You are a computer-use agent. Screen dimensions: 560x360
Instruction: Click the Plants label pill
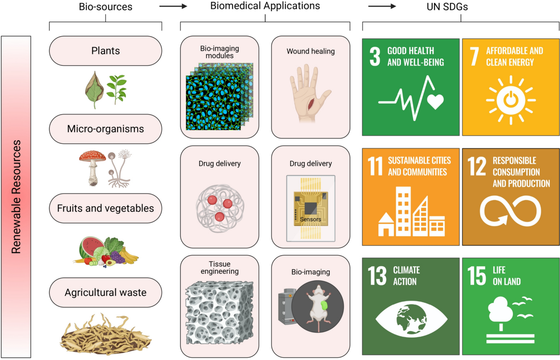[105, 51]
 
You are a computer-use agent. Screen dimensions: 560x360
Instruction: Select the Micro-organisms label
[105, 129]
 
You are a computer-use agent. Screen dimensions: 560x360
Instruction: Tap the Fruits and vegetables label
[105, 208]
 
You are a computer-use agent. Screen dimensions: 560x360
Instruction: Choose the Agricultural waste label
[105, 292]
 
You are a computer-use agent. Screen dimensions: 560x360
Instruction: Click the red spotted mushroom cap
[92, 156]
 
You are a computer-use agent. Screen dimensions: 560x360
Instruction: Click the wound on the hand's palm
[311, 104]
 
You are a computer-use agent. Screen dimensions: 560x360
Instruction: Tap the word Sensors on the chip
[310, 219]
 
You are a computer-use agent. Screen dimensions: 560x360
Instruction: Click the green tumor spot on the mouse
[324, 305]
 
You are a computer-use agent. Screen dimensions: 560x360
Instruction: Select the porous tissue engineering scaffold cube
[219, 313]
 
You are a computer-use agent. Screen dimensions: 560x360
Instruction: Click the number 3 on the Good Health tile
[375, 56]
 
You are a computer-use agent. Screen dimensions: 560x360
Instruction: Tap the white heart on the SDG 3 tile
[435, 101]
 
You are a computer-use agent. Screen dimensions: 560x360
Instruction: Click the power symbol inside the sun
[511, 100]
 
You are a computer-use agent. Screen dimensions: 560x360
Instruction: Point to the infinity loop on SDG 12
[510, 211]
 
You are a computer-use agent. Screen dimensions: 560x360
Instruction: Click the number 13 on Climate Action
[377, 276]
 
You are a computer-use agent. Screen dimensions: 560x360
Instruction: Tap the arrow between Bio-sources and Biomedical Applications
[173, 6]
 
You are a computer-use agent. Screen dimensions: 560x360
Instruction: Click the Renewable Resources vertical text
[16, 197]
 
